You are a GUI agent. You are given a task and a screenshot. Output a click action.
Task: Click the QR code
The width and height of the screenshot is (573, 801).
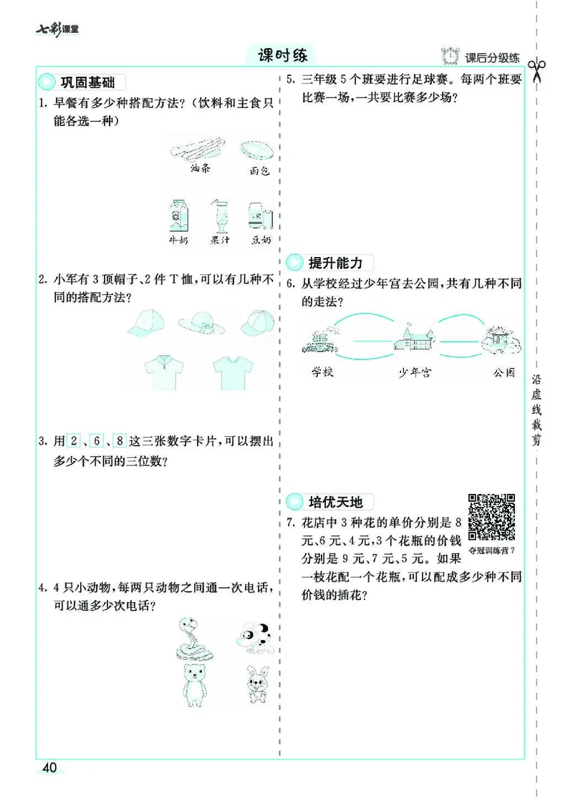pos(492,517)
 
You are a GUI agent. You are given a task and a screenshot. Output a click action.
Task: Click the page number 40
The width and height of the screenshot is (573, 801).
pos(49,768)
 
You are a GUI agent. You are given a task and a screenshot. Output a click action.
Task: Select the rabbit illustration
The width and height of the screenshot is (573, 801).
pos(254,683)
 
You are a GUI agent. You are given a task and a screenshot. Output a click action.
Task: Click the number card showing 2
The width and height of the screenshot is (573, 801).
pos(72,441)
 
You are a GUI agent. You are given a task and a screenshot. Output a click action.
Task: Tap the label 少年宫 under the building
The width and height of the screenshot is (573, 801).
pos(415,372)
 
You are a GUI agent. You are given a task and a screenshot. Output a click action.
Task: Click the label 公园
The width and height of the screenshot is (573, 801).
pos(504,372)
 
